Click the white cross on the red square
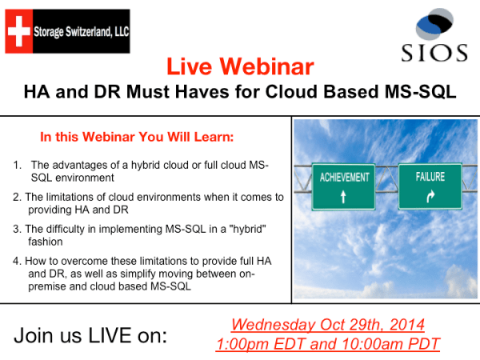pos(18,31)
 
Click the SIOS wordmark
pos(434,54)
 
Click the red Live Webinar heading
pos(240,66)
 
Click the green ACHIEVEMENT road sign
pos(345,186)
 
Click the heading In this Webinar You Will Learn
pos(137,137)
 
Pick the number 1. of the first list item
pos(17,166)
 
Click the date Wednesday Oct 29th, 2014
pos(328,325)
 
